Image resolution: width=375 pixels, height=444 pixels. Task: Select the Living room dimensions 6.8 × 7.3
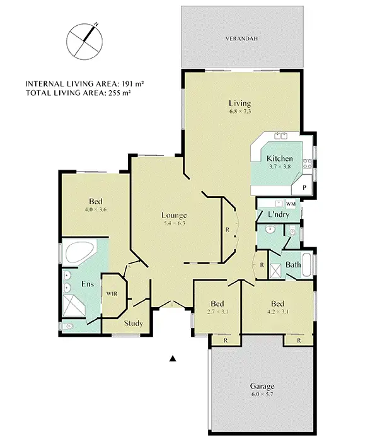(239, 112)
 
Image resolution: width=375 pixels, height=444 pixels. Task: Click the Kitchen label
(279, 158)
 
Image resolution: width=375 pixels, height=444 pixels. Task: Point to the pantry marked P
(304, 187)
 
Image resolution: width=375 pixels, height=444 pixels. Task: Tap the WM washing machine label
(291, 204)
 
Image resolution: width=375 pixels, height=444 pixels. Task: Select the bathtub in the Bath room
(307, 266)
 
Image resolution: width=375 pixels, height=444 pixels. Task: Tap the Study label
(133, 324)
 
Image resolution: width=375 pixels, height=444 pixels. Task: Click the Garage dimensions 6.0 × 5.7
(261, 395)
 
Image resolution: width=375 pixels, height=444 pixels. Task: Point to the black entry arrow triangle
(172, 359)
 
